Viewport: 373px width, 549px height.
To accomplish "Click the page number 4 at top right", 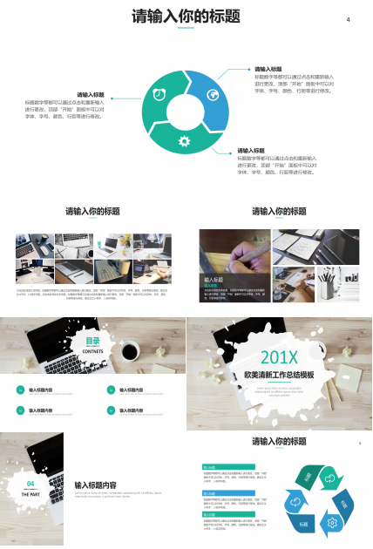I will click(348, 20).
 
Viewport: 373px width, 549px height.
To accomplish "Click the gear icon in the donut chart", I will click(184, 141).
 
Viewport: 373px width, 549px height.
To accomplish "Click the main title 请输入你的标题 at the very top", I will click(186, 16).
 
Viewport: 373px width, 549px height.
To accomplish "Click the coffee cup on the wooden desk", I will click(130, 351).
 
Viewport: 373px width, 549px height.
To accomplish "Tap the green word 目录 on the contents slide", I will click(92, 342).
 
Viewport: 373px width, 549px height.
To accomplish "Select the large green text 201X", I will click(279, 357).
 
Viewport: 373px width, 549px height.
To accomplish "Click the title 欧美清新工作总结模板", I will click(279, 375).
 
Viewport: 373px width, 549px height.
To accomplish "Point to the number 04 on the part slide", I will click(31, 483).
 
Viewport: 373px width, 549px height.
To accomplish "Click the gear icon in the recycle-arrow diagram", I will click(332, 523).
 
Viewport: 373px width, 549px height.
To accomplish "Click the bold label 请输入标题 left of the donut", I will click(91, 94).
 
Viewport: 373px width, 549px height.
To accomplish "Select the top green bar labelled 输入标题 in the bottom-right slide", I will click(228, 467).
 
